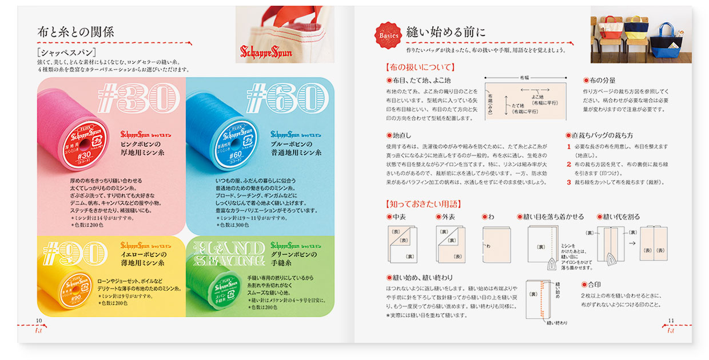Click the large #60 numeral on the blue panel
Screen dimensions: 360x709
point(289,98)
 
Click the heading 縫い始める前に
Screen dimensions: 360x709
point(446,32)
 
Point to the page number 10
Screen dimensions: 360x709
point(39,321)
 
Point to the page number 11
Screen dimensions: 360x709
point(671,321)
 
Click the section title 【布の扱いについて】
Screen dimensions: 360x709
point(421,67)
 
